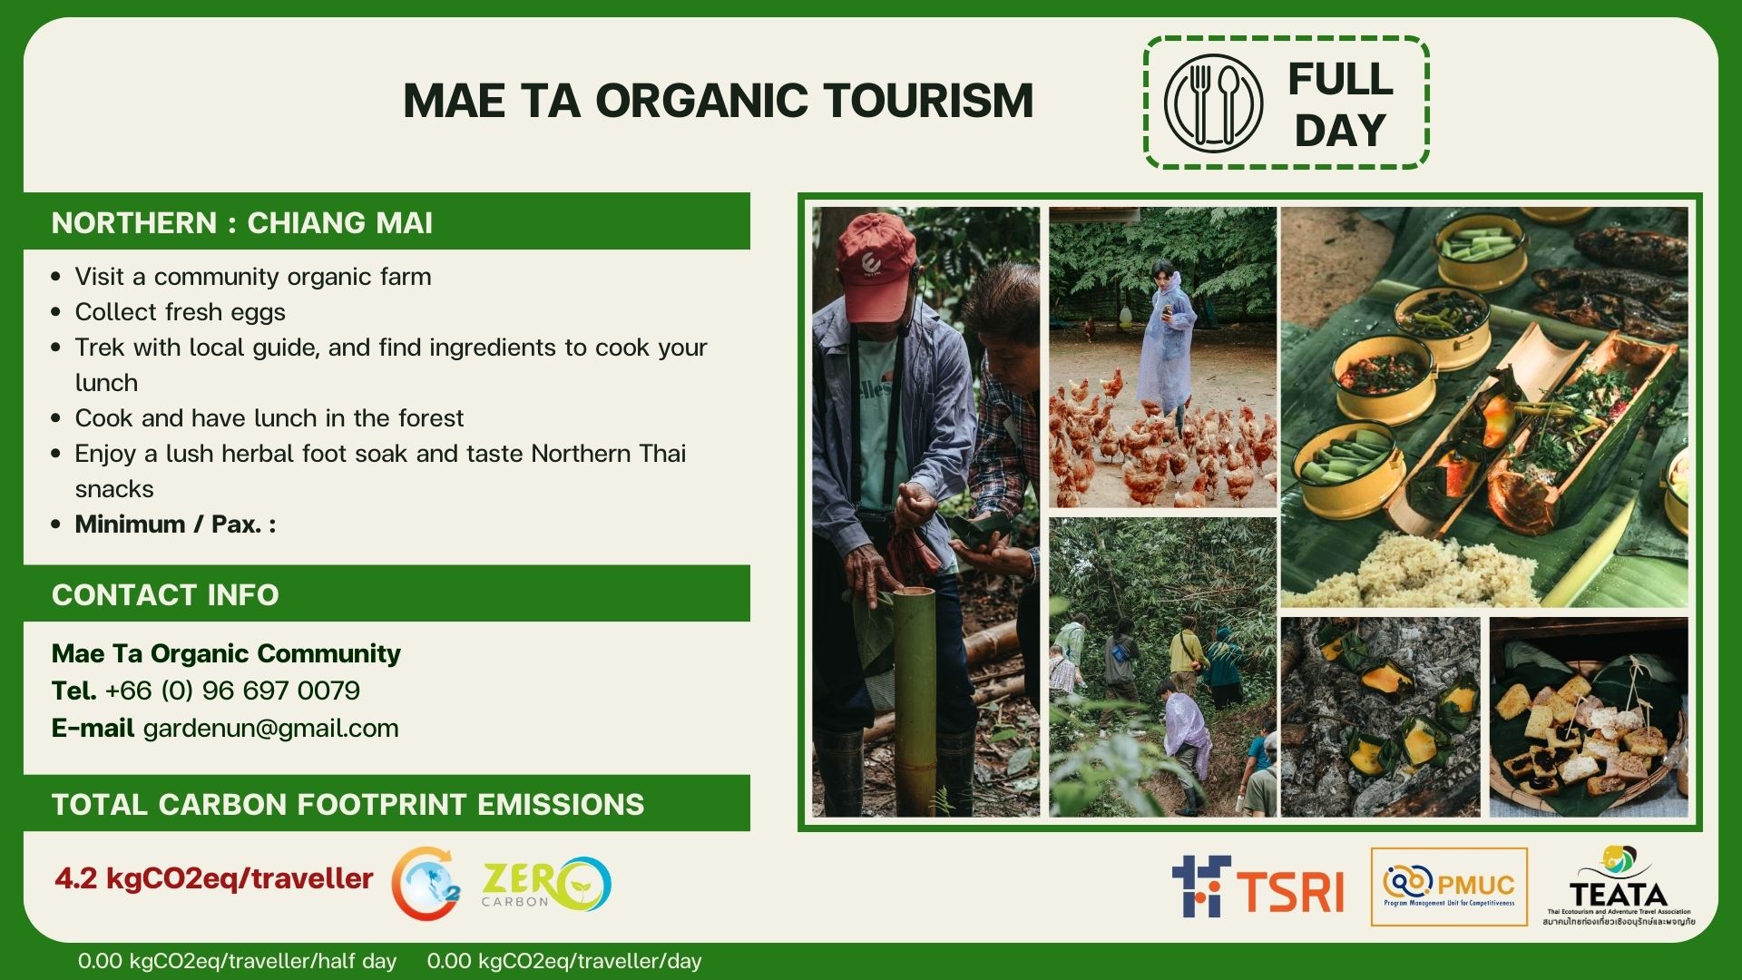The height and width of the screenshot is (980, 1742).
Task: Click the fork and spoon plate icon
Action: point(1213,103)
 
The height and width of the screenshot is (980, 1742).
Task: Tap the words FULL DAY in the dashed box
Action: point(1340,104)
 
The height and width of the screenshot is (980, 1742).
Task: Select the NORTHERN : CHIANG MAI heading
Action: point(242,222)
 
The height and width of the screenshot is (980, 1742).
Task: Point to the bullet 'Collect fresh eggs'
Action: point(180,312)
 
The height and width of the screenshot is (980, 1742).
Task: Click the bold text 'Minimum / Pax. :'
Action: point(175,524)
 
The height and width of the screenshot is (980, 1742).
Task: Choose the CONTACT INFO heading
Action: point(165,595)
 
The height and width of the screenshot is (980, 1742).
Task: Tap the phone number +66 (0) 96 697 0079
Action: point(232,691)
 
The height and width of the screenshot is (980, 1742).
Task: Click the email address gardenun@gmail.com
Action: point(270,729)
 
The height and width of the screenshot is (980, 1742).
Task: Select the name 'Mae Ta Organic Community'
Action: point(226,653)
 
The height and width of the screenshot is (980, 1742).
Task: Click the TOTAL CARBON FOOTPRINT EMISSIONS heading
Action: point(347,805)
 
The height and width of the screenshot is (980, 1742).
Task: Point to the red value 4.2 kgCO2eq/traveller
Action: point(214,878)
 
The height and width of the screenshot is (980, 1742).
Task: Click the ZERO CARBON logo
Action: point(546,884)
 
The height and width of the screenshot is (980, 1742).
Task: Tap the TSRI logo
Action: point(1258,886)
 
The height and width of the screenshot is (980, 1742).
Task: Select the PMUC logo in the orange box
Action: point(1449,887)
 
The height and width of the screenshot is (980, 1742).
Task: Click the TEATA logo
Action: point(1619,887)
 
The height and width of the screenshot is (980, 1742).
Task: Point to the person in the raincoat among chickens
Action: point(1166,340)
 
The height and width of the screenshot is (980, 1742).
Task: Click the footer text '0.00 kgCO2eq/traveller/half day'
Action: point(237,961)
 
